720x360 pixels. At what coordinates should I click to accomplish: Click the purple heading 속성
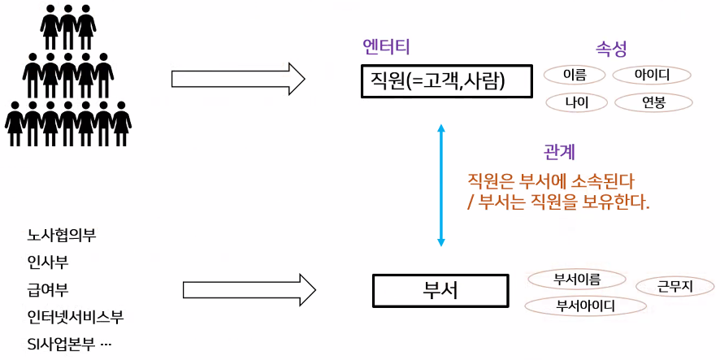pos(611,49)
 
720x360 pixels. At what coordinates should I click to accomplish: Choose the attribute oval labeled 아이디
pos(651,75)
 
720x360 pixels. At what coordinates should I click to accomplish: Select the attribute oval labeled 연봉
pos(653,102)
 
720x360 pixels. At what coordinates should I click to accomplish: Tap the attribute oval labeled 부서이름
pos(576,279)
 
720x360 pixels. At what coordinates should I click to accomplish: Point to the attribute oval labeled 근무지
pos(674,285)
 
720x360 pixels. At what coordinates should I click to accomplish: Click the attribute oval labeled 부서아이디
pos(585,306)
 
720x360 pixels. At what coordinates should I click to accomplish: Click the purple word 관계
pos(560,152)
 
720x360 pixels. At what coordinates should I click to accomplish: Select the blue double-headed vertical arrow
pos(441,184)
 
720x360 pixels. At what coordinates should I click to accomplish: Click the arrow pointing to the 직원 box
pos(238,79)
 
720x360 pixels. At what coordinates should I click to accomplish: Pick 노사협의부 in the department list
pos(61,236)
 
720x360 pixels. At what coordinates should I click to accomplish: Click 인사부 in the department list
pos(47,262)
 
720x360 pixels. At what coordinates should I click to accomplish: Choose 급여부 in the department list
pos(47,289)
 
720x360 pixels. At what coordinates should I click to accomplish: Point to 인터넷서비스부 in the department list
pos(75,316)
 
